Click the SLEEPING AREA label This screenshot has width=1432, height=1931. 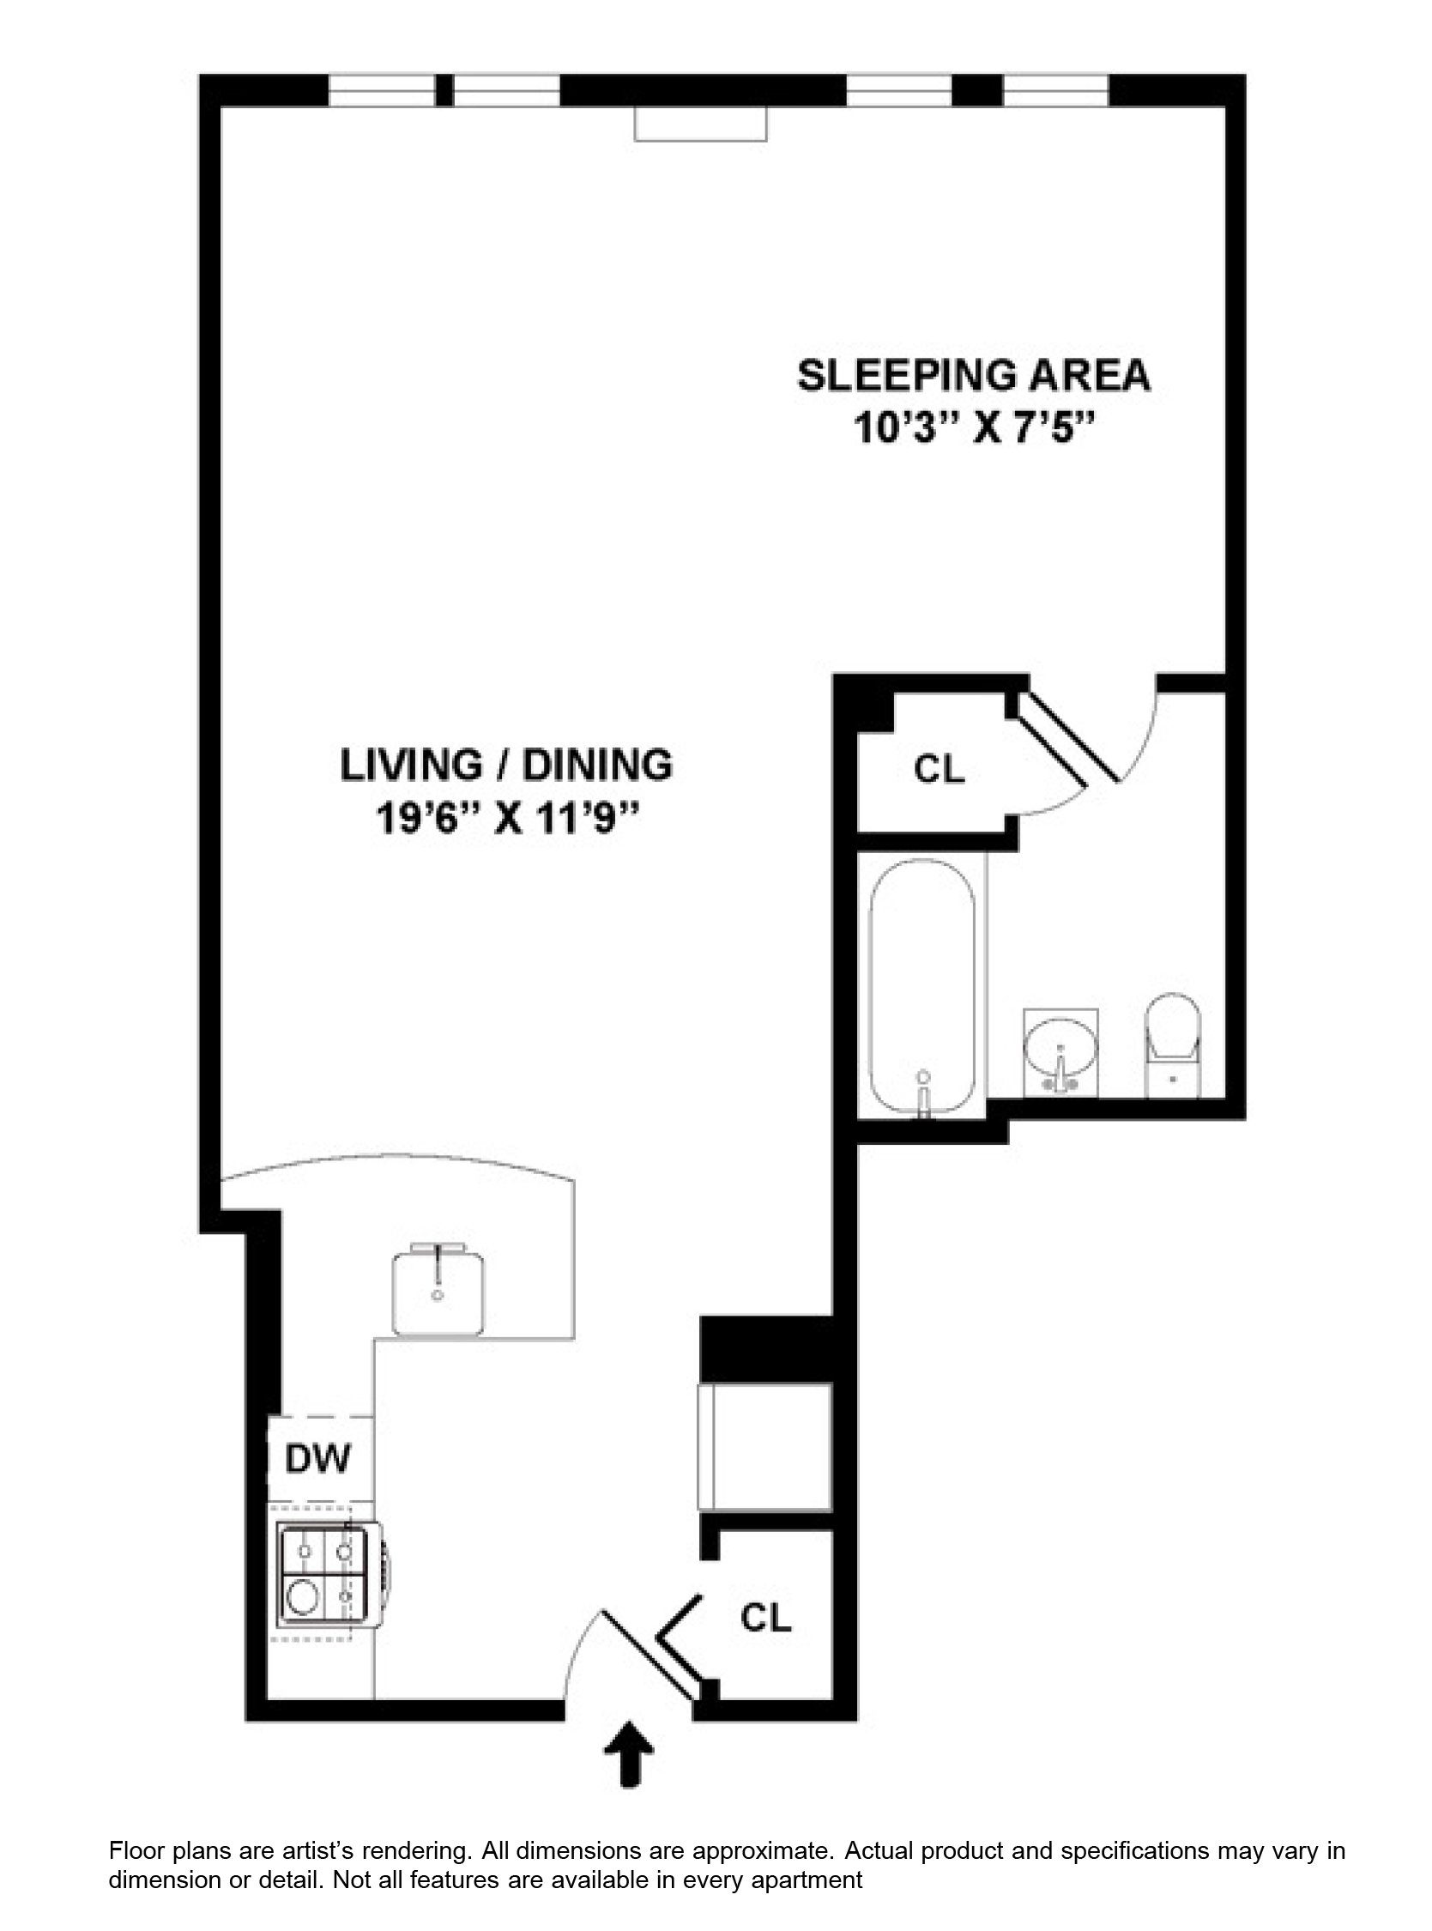point(975,375)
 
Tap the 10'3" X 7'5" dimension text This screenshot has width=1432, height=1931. point(976,427)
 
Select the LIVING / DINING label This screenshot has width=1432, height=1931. point(506,765)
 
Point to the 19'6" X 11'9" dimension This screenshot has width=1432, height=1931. point(507,818)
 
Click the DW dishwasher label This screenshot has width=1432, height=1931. point(318,1459)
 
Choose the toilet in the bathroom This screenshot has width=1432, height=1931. point(1173,1044)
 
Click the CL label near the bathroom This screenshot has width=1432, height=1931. point(940,769)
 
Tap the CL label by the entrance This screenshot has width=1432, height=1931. point(766,1614)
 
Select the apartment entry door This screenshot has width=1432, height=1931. point(649,1656)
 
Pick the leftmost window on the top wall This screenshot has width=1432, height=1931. point(383,90)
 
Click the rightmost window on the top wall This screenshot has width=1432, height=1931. point(1057,90)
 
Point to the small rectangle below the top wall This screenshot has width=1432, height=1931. point(701,123)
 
